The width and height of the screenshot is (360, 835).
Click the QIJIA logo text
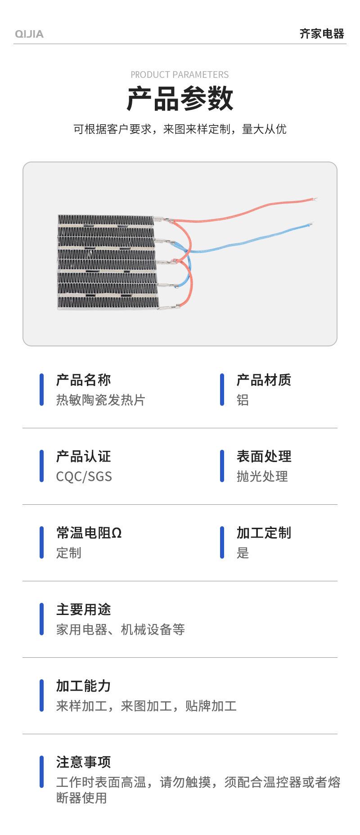point(29,34)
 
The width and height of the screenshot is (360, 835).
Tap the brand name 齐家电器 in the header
point(322,34)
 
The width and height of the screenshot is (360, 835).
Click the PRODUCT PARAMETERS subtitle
point(180,75)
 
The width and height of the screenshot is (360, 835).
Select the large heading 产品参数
point(180,99)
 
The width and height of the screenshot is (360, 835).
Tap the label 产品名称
point(84,380)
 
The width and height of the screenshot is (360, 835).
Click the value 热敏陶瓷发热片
point(101,400)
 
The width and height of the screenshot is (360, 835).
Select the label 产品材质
point(264,380)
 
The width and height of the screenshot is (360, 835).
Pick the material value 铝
point(243,400)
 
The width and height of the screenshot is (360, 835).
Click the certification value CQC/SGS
point(84,476)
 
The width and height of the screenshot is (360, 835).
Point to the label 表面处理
point(264,457)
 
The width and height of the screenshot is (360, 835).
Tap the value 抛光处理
point(262,476)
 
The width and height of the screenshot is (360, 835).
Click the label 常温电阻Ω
point(89,533)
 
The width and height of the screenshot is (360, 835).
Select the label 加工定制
point(264,533)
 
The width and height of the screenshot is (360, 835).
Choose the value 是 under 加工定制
point(243,553)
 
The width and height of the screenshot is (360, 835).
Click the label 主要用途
point(84,610)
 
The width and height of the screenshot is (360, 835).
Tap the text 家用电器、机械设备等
point(121,629)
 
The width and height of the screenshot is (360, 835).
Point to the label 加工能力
point(84,686)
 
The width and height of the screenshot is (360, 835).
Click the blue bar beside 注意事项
point(42,772)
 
